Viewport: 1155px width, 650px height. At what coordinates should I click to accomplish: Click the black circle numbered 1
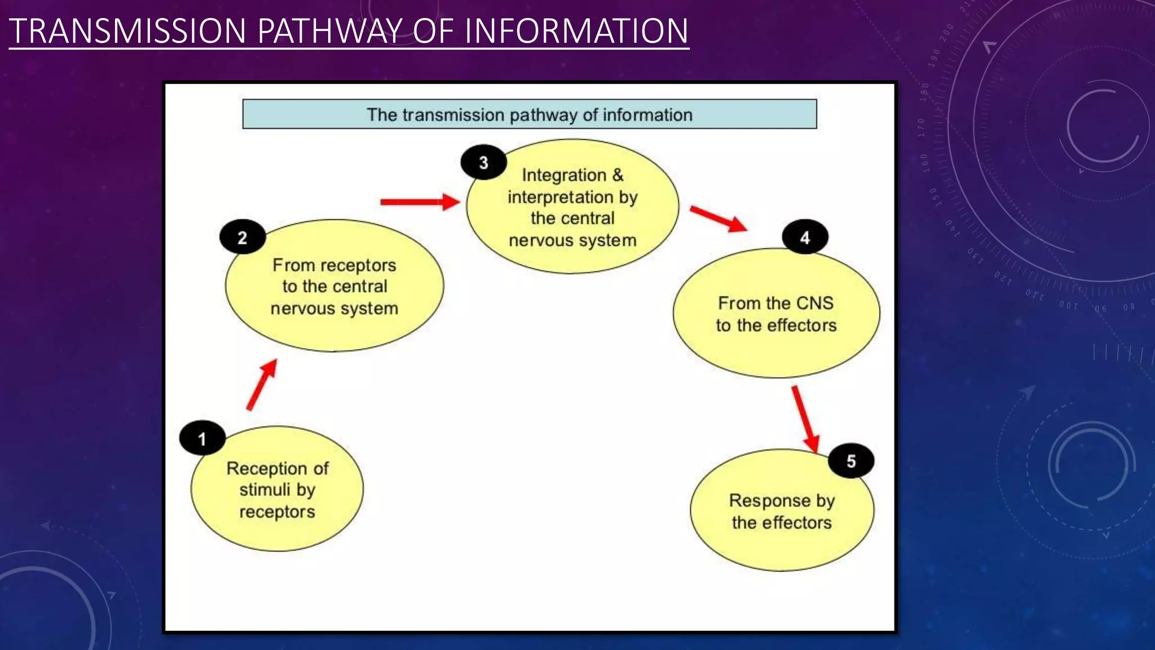pyautogui.click(x=202, y=438)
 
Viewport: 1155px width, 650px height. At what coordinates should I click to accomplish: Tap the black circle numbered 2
pyautogui.click(x=243, y=237)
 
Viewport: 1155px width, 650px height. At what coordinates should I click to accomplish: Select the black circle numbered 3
pyautogui.click(x=483, y=162)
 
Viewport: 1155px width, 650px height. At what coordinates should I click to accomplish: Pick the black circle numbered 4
pyautogui.click(x=805, y=237)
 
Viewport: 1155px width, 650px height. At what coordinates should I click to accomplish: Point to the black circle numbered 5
pyautogui.click(x=851, y=461)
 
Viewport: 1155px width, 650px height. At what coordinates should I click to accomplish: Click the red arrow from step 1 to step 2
pyautogui.click(x=262, y=385)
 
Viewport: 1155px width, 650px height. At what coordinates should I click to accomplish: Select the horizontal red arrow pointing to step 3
pyautogui.click(x=420, y=202)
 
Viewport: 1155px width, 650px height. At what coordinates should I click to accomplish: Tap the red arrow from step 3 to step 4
pyautogui.click(x=718, y=218)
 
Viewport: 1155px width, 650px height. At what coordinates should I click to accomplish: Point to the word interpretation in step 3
pyautogui.click(x=561, y=197)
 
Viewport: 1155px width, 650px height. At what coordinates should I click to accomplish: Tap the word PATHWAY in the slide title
pyautogui.click(x=330, y=31)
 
